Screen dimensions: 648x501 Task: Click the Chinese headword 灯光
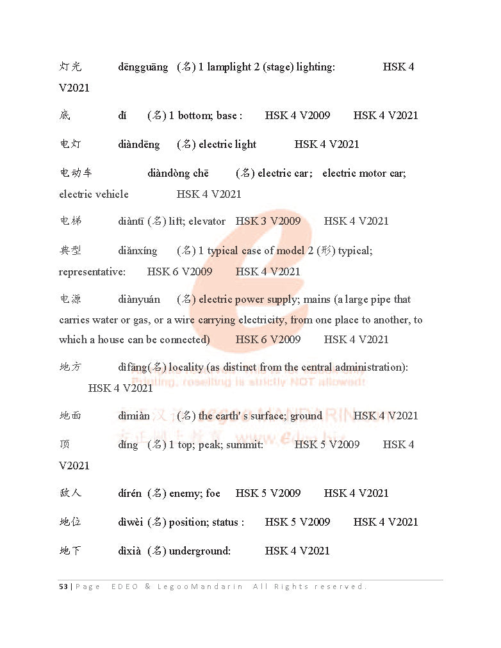pyautogui.click(x=70, y=67)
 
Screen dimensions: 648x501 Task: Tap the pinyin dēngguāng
pyautogui.click(x=143, y=67)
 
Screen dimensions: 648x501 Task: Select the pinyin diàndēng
pyautogui.click(x=139, y=145)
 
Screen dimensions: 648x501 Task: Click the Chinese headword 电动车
pyautogui.click(x=76, y=174)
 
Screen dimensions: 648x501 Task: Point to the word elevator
pyautogui.click(x=207, y=222)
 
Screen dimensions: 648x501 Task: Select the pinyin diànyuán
pyautogui.click(x=139, y=300)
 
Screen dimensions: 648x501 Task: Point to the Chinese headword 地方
pyautogui.click(x=70, y=368)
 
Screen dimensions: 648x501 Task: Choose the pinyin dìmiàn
pyautogui.click(x=134, y=416)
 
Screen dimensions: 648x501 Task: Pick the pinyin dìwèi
pyautogui.click(x=130, y=522)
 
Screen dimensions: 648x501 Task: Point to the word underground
pyautogui.click(x=199, y=551)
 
